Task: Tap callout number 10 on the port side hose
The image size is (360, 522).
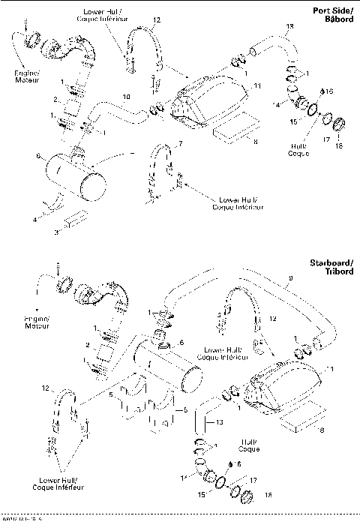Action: click(x=126, y=97)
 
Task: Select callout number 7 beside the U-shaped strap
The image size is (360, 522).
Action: click(x=179, y=142)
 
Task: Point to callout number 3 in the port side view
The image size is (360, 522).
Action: click(x=57, y=233)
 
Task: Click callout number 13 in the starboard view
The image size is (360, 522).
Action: click(x=219, y=423)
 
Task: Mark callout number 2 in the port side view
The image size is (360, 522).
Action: click(x=55, y=98)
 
